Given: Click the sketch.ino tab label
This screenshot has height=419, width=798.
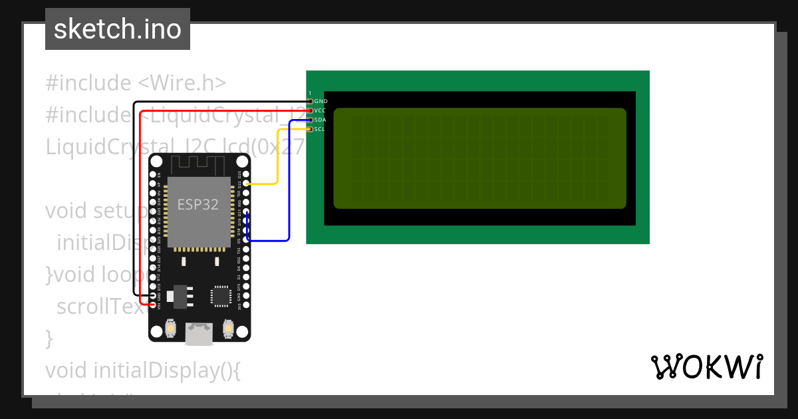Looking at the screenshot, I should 118,29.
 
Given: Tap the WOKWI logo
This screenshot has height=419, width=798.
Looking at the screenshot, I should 706,366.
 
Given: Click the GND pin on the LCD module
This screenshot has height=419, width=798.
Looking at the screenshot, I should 310,101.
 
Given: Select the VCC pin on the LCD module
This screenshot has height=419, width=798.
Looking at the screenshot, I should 310,110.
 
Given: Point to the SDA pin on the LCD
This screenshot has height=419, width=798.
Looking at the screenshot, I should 310,120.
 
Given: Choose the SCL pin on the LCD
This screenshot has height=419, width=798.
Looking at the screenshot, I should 310,129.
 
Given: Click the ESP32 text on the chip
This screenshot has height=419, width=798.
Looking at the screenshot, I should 198,205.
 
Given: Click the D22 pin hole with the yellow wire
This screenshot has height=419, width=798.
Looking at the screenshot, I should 246,184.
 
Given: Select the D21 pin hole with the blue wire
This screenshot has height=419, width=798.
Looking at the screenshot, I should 246,212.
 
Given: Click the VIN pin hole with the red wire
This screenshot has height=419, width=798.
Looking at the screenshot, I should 154,305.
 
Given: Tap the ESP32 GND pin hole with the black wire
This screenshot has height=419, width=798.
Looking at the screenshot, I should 154,295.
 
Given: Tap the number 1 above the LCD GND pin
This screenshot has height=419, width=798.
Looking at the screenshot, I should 310,93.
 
